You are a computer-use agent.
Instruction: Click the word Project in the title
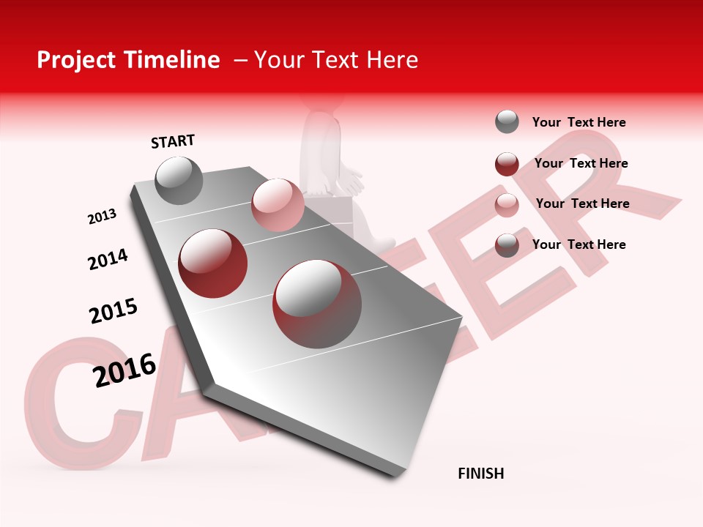[76, 60]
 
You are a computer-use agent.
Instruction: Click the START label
[173, 141]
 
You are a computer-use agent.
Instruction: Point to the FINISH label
[481, 474]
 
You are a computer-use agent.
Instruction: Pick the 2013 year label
[102, 217]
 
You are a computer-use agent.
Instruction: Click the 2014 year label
[108, 259]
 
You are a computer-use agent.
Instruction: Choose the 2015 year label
[114, 311]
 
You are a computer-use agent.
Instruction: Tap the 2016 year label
[124, 370]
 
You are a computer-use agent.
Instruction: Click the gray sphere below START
[179, 180]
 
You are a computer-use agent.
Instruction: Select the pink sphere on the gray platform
[278, 205]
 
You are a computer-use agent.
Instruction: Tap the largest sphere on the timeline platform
[317, 304]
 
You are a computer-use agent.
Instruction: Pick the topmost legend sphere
[507, 122]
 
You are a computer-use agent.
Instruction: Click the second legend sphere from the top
[507, 164]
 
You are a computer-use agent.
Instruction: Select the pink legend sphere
[507, 205]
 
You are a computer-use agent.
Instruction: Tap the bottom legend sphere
[507, 245]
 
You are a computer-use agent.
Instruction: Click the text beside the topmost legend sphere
[579, 122]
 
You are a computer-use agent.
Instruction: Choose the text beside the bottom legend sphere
[579, 244]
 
